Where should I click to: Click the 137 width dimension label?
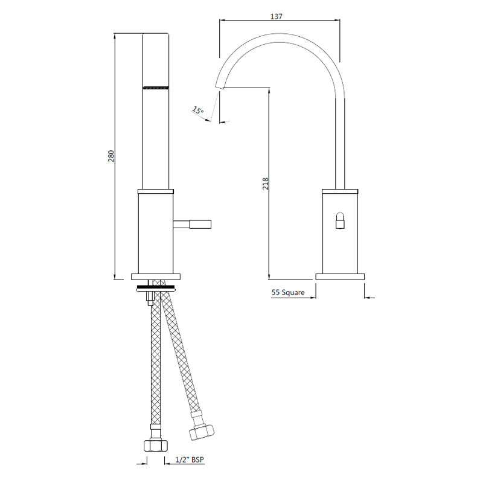tap(277, 17)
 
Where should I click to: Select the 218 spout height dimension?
tap(265, 184)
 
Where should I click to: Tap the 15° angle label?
tap(198, 110)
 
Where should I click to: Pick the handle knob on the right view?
tap(341, 222)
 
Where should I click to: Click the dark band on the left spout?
tap(156, 88)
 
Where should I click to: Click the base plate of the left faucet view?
tap(156, 277)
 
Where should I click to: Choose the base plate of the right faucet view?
tap(341, 277)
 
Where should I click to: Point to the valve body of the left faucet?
tap(156, 232)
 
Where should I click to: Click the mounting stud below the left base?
tap(149, 297)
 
